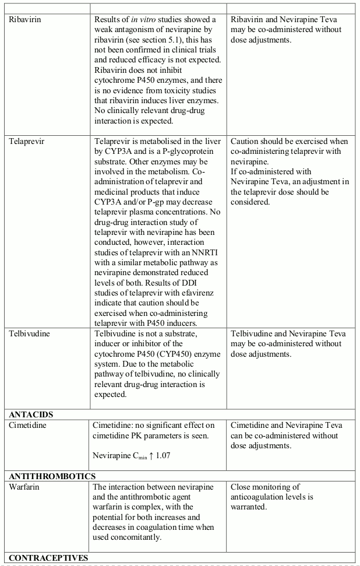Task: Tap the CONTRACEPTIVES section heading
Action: [48, 558]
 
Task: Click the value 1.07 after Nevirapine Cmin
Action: [154, 456]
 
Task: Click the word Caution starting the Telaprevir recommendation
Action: [247, 141]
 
